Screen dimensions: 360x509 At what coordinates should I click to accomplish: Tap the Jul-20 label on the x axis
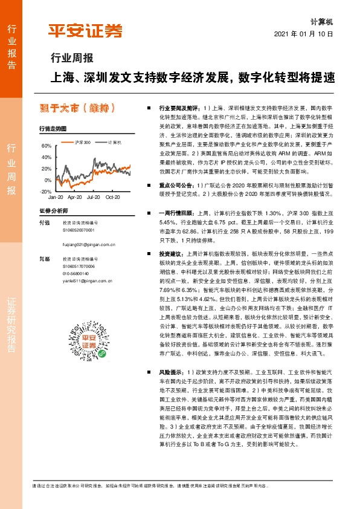click(94, 198)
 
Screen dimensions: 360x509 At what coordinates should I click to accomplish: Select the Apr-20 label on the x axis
click(74, 198)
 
